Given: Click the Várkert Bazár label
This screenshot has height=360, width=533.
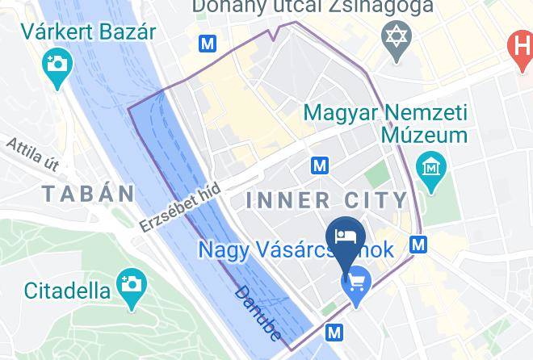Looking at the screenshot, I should coord(89,33).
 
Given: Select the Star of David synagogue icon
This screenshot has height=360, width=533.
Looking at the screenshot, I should coord(396,39).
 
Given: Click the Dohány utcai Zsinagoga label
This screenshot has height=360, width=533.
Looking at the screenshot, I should coord(313,6).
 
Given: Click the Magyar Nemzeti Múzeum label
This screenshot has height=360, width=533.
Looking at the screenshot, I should coord(386,123).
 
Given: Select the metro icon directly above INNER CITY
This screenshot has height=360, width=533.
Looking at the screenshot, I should coord(320,165).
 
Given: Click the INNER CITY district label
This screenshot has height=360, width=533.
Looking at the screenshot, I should coord(326,199).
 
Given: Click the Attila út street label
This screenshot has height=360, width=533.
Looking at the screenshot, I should coord(33,154).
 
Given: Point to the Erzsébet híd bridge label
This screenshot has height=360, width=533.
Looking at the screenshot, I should coord(179,207).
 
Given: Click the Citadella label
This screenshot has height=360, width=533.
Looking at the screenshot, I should coord(67,289).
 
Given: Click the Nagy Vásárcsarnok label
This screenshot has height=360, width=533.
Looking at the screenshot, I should coord(296,249).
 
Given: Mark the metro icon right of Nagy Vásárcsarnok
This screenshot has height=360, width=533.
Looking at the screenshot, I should coord(418,243).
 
